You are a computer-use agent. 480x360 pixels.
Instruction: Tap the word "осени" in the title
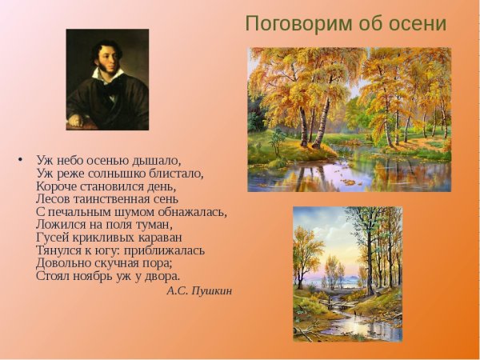(418, 24)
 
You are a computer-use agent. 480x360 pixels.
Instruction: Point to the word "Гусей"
(52, 238)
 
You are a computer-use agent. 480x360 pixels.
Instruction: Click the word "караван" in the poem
(160, 238)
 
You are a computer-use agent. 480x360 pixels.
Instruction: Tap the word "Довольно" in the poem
(62, 263)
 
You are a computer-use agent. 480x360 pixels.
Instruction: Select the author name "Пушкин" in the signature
(211, 291)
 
